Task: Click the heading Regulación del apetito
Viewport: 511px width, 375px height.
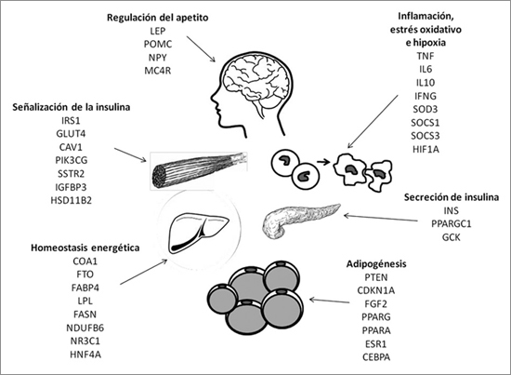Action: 157,18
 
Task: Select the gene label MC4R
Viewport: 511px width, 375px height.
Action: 158,71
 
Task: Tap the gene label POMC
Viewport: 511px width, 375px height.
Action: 158,44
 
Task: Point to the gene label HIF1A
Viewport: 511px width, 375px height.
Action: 426,149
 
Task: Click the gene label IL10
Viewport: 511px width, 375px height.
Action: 426,83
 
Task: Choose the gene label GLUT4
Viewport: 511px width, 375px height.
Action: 71,133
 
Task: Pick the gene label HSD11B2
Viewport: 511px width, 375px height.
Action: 71,200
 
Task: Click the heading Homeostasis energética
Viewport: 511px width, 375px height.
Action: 85,248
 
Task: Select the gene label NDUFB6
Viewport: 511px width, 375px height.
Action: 85,328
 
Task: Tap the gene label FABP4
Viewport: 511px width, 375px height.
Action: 85,288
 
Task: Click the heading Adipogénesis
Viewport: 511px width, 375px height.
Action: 376,263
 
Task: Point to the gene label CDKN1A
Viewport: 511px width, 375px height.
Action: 376,290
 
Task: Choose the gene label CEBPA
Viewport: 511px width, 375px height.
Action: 376,356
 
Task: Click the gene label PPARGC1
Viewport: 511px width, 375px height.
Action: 452,224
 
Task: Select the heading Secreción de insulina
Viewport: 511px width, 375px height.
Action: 452,197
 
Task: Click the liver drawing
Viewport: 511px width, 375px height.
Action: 198,233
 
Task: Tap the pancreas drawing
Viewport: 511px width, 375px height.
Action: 300,220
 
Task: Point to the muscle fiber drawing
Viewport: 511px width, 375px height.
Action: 199,169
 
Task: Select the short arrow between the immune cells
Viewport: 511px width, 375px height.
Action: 323,162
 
